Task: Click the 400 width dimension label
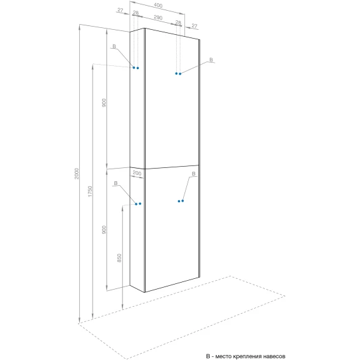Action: (x=158, y=5)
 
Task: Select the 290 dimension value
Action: (x=158, y=18)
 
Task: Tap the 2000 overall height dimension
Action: (x=77, y=174)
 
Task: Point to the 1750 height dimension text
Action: (x=90, y=191)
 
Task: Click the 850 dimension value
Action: (x=119, y=258)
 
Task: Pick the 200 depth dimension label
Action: (x=137, y=173)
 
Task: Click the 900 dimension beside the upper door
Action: (x=104, y=103)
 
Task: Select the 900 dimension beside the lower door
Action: (x=104, y=230)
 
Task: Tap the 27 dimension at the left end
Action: (x=120, y=10)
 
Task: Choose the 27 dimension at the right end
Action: (x=194, y=26)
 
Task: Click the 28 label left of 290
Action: (x=136, y=13)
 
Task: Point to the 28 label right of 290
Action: (x=178, y=23)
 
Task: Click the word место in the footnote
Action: (x=223, y=356)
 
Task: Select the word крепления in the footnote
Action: (x=247, y=357)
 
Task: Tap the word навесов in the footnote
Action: (x=274, y=356)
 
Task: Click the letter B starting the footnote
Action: (x=208, y=356)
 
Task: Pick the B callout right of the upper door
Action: (x=211, y=60)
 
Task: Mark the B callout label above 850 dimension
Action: (x=116, y=183)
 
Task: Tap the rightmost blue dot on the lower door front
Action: (x=183, y=201)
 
